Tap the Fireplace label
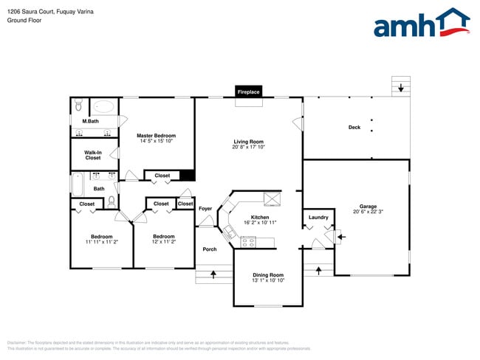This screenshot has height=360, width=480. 248,92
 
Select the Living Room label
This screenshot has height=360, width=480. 249,142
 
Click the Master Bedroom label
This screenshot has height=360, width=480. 157,136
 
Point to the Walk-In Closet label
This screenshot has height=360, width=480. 93,155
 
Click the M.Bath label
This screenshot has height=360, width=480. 91,121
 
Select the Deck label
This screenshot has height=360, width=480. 354,128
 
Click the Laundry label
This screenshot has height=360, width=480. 318,217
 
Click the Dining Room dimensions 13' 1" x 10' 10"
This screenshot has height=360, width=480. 267,280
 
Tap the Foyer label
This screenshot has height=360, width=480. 205,209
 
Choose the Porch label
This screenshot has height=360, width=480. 210,249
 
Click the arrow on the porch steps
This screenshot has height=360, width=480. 213,275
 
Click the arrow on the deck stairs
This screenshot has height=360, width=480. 400,88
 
